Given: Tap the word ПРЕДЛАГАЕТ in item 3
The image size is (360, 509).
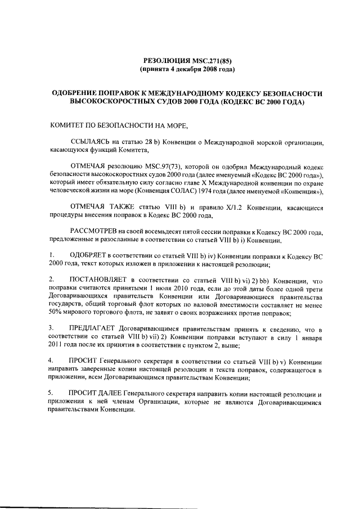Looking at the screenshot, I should tap(96, 328).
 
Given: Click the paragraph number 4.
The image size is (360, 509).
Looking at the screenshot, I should tap(51, 360).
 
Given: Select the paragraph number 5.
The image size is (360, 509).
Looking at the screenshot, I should tap(51, 392).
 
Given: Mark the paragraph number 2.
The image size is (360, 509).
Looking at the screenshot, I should tap(51, 280).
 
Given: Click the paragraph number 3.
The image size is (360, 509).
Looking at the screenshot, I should tap(51, 328).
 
